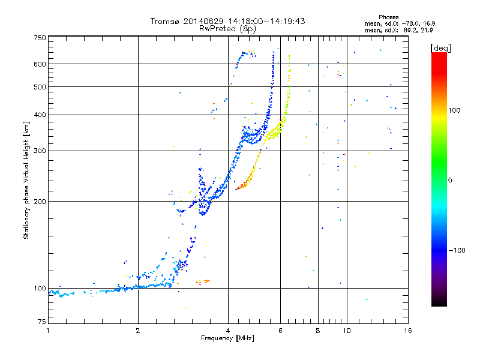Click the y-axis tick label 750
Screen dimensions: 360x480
pos(40,38)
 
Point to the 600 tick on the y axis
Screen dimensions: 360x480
pos(40,64)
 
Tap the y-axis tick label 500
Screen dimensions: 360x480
pos(40,87)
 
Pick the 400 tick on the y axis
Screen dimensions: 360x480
pos(40,115)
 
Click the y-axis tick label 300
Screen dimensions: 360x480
pos(40,151)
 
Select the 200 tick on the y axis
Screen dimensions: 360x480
pos(40,202)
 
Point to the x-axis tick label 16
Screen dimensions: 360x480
pos(407,331)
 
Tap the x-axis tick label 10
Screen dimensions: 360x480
pos(347,331)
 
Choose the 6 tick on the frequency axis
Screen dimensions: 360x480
pos(280,331)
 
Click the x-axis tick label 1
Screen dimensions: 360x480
pos(48,331)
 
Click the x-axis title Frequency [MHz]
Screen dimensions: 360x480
pos(227,338)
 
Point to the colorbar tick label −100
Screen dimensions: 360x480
pos(459,250)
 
